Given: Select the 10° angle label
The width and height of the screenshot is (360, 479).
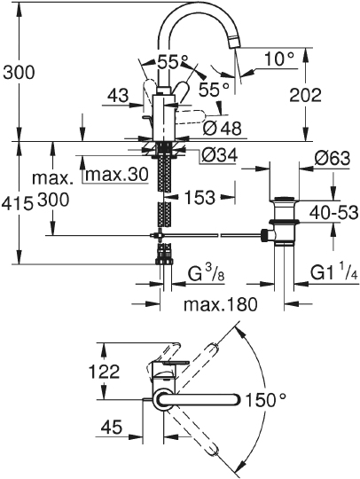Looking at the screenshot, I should click(x=278, y=59).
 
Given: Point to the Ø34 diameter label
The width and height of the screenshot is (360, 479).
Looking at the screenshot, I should click(x=219, y=156).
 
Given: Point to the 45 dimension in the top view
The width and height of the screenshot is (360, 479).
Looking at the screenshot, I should click(x=111, y=428).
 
